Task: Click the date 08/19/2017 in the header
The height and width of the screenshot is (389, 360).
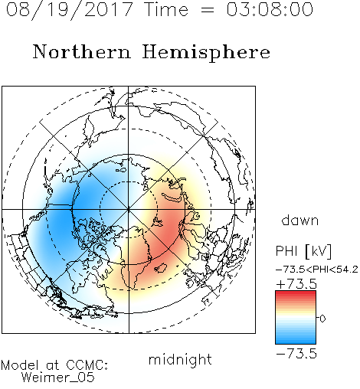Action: (x=69, y=9)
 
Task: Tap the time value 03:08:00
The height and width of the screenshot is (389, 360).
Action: (x=270, y=9)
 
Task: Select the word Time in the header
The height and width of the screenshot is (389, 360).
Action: (x=166, y=9)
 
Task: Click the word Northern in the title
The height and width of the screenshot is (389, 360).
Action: (x=82, y=52)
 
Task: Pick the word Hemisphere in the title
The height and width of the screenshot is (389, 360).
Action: (x=206, y=52)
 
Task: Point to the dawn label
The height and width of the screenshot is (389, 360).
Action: (x=300, y=220)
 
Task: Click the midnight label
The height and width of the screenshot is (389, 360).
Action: (x=180, y=360)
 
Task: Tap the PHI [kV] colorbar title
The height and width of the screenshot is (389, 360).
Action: (x=303, y=251)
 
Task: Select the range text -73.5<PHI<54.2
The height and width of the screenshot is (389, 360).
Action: (x=317, y=270)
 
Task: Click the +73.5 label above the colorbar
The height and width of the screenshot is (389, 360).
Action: (x=296, y=284)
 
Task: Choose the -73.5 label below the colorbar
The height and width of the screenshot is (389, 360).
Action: (x=296, y=354)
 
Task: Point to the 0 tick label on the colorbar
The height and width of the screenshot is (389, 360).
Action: (x=322, y=319)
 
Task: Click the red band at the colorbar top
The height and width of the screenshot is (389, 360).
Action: (x=296, y=293)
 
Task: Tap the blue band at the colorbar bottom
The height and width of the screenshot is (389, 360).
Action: (x=296, y=341)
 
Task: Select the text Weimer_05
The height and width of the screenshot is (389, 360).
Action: (x=58, y=378)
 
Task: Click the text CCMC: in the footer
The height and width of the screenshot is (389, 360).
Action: (x=87, y=365)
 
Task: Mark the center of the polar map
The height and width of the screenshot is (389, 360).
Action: (x=129, y=210)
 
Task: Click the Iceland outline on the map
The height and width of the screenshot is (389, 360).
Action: (x=160, y=268)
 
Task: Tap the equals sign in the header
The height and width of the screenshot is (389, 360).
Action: (x=208, y=10)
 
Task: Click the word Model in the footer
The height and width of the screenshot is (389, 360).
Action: (x=20, y=365)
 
